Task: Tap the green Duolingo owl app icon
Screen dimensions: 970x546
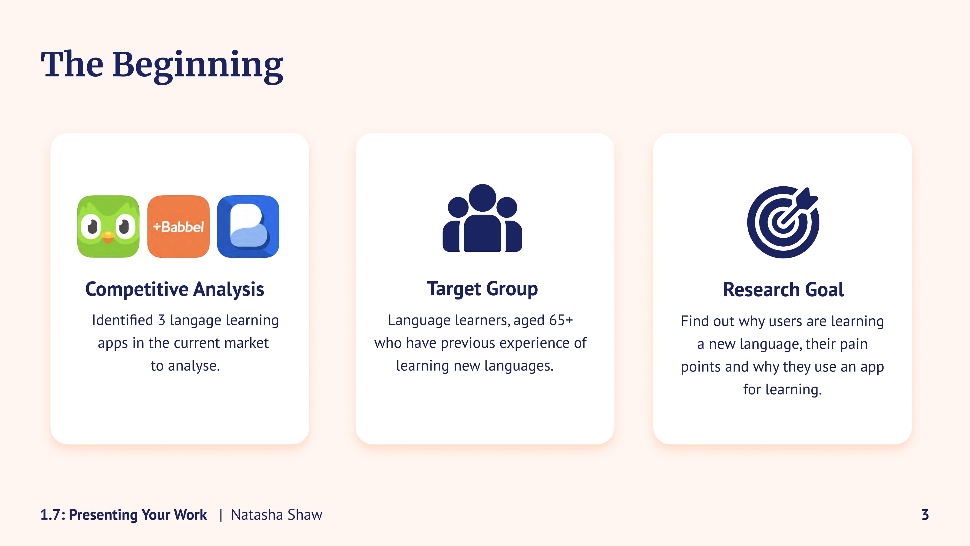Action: [x=108, y=226]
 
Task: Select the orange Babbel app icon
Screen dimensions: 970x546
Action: [x=178, y=226]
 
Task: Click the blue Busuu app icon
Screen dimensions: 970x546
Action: [x=248, y=226]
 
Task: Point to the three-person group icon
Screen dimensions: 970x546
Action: [x=482, y=218]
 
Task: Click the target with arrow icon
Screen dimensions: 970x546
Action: [x=783, y=222]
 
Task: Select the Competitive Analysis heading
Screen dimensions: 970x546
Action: [x=175, y=290]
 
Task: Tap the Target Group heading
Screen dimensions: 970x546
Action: [x=482, y=290]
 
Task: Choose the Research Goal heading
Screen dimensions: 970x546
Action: [x=783, y=290]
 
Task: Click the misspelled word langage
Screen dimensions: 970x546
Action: [x=195, y=321]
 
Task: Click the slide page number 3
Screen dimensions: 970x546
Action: [x=925, y=515]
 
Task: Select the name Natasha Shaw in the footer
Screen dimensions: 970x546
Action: [x=277, y=515]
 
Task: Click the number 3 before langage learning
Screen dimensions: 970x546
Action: [x=162, y=320]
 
